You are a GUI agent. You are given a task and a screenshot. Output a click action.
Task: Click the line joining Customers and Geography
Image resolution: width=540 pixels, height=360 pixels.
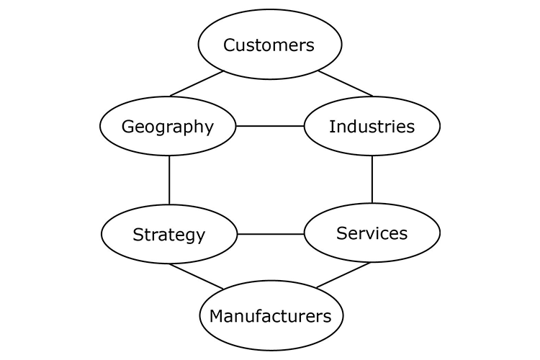pos(197,84)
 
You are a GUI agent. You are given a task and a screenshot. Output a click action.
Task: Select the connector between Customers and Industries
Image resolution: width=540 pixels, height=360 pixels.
pos(346,84)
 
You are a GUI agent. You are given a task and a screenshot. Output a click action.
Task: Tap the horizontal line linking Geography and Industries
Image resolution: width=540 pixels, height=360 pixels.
pos(270,126)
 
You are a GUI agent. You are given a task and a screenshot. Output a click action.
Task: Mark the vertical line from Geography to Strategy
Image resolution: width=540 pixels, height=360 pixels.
pos(169,180)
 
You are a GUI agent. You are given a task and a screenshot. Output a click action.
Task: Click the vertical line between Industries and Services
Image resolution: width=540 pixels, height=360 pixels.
pos(372,179)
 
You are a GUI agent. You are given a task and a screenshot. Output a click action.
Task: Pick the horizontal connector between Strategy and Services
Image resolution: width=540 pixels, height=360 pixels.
pos(270,234)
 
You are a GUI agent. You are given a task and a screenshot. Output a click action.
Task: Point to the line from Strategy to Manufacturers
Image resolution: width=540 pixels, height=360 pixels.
pos(196,276)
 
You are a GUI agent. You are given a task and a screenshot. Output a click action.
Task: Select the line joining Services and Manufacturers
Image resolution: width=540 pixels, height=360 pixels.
pos(343,275)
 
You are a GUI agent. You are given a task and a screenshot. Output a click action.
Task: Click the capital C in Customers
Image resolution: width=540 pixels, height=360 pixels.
pos(229,45)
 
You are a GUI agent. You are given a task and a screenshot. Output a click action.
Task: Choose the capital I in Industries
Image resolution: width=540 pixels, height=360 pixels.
pos(331,127)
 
